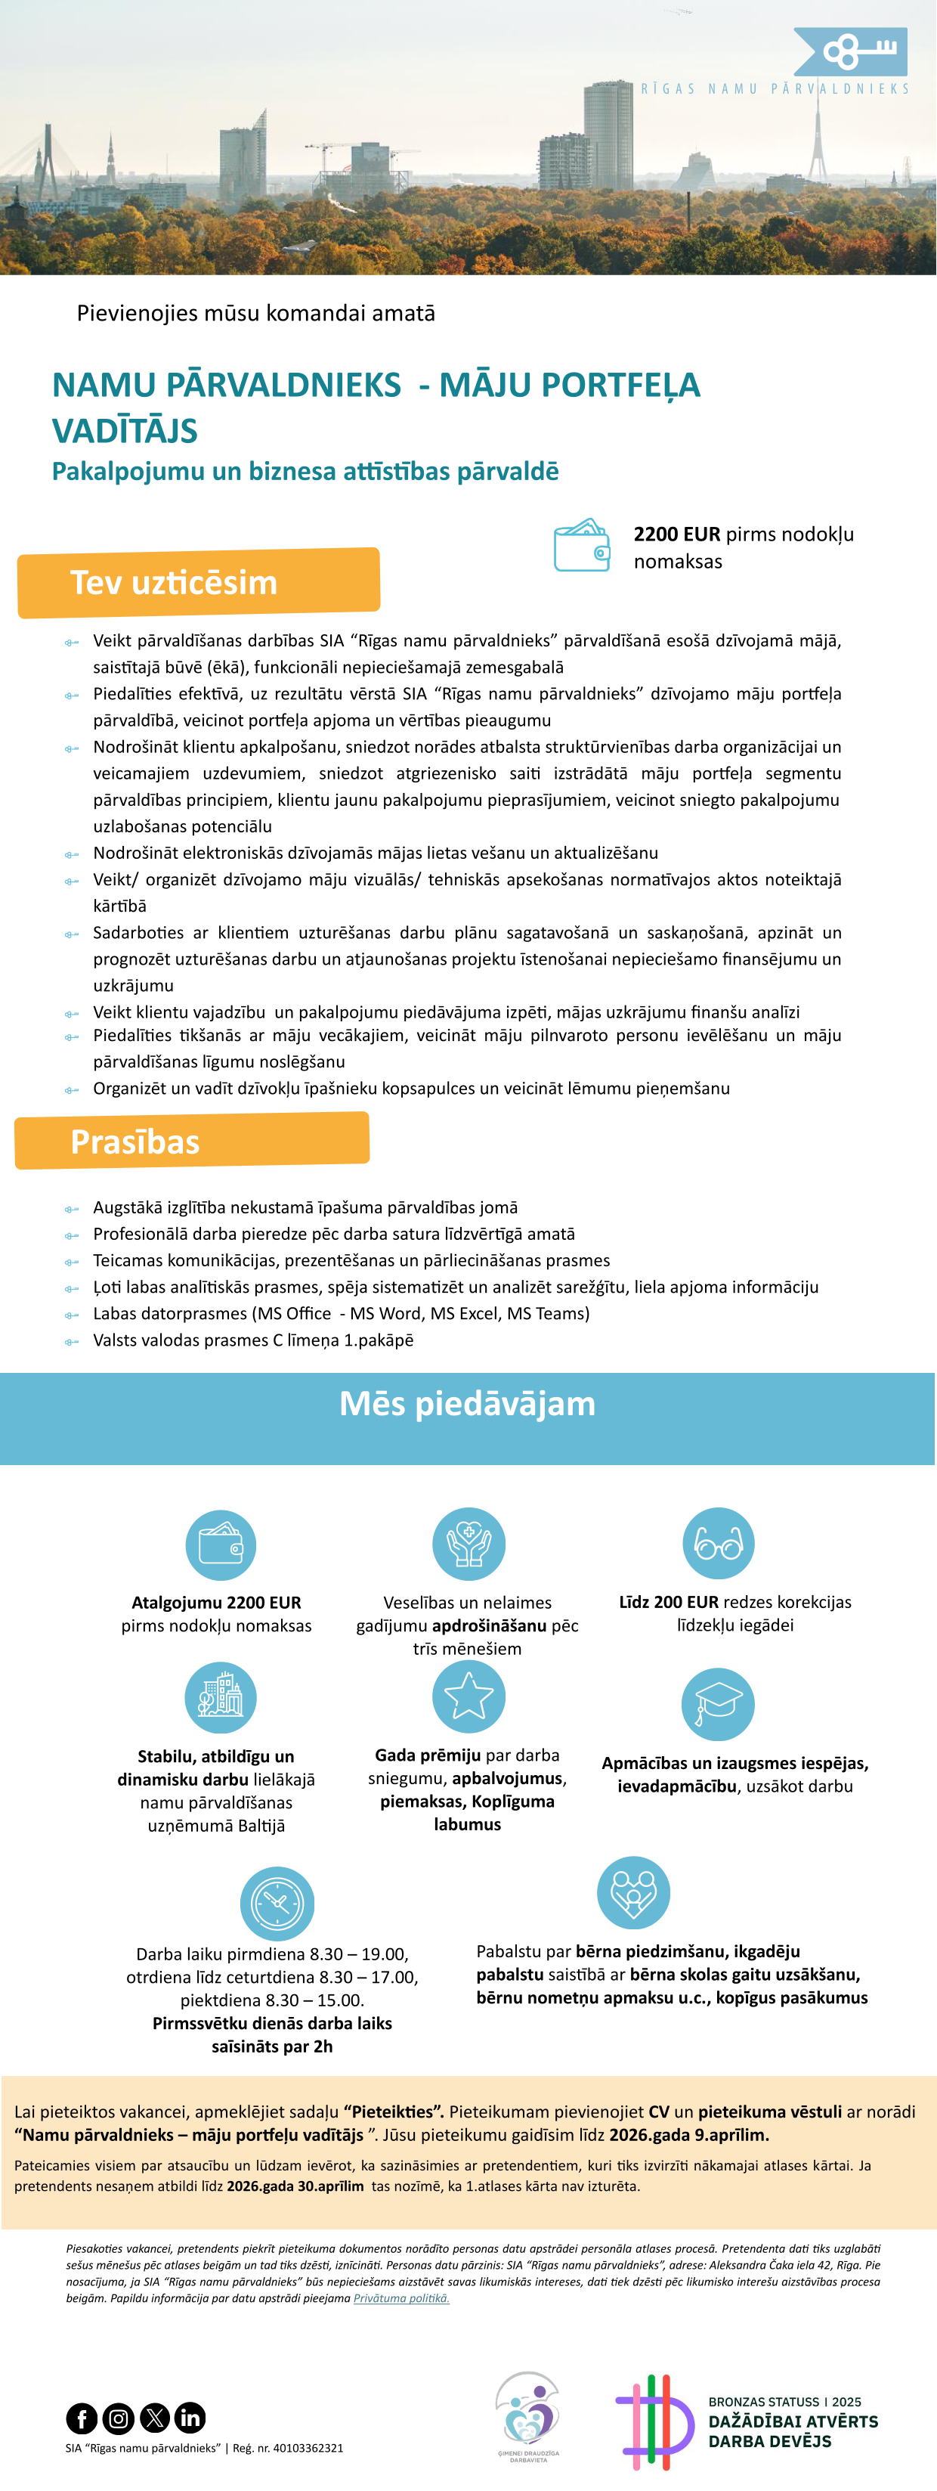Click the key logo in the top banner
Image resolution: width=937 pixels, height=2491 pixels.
coord(851,51)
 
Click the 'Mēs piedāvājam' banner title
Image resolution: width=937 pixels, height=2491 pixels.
coord(467,1403)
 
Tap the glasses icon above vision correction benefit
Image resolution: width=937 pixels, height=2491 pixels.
coord(719,1543)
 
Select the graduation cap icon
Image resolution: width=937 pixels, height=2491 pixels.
coord(719,1704)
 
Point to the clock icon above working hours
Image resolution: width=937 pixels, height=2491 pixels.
coord(277,1903)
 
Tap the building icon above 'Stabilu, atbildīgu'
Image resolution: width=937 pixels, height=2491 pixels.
coord(221,1697)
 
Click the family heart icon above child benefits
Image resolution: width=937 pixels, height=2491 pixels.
coord(633,1892)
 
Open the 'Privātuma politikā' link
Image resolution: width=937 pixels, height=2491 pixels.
coord(401,2297)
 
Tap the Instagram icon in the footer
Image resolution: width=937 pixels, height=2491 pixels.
coord(118,2418)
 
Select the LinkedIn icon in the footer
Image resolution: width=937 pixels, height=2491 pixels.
coord(190,2418)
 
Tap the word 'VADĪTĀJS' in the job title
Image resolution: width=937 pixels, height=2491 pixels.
coord(125,430)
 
